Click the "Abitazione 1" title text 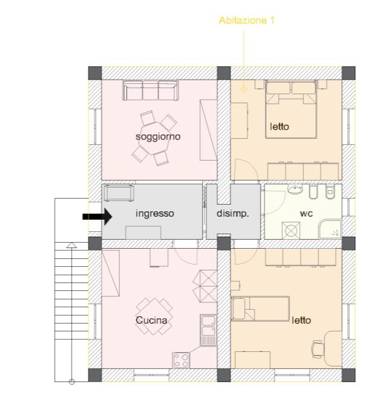click(x=247, y=21)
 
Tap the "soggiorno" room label click(x=158, y=136)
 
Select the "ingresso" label click(x=155, y=214)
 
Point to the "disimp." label click(x=233, y=213)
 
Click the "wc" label click(x=306, y=214)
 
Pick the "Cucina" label click(x=151, y=321)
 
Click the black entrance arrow click(x=97, y=217)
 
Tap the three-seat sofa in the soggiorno click(x=150, y=91)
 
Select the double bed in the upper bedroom click(x=291, y=110)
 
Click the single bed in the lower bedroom click(x=260, y=308)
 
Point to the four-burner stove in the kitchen click(x=181, y=360)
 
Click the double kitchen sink click(x=208, y=330)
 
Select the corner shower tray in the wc click(x=331, y=229)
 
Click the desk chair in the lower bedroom click(x=317, y=349)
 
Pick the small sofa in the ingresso click(x=119, y=193)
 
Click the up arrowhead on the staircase click(x=72, y=245)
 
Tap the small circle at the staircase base click(x=72, y=382)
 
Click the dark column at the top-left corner click(x=95, y=73)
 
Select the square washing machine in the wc click(x=291, y=230)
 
